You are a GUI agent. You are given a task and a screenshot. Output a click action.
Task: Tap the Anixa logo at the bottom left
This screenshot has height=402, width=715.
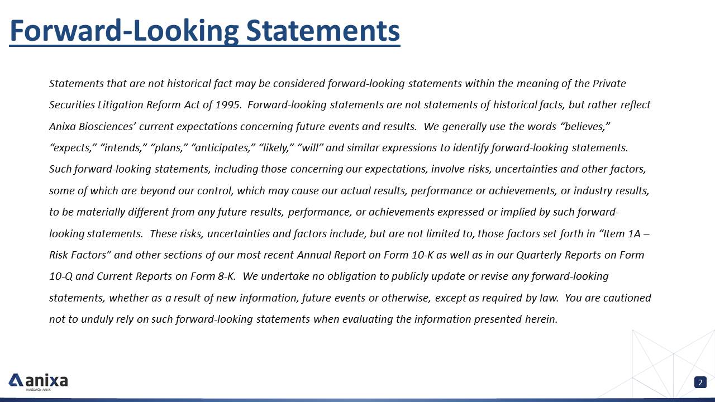38,381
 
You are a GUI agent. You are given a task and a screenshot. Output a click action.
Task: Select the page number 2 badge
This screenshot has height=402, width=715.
700,382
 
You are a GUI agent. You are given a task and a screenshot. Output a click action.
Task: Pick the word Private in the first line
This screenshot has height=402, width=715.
609,84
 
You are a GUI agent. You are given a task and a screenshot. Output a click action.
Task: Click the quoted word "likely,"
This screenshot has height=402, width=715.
277,148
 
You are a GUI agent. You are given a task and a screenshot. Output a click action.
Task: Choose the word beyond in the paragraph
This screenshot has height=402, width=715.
158,191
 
